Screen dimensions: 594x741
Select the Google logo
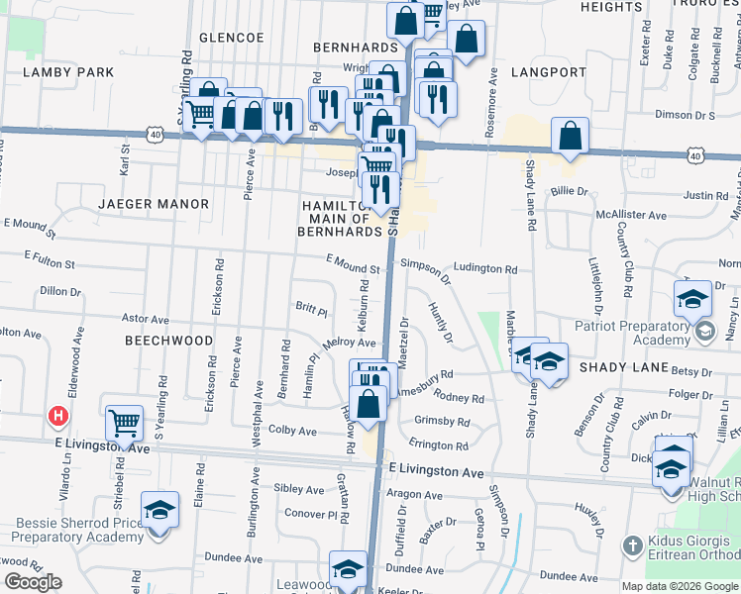point(34,582)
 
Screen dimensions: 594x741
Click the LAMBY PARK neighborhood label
point(69,72)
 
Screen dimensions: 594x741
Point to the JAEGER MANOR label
point(154,204)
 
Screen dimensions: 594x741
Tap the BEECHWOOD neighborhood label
point(169,340)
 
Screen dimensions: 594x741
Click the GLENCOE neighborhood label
point(232,38)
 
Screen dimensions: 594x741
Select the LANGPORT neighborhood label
point(550,72)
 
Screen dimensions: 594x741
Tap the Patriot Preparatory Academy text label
point(632,333)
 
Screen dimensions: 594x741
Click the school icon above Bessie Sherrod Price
point(159,510)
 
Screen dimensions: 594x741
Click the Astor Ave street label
point(145,319)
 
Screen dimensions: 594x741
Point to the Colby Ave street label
point(292,431)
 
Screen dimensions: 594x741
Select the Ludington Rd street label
point(485,269)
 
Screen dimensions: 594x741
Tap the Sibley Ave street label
point(299,489)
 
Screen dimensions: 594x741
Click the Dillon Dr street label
point(60,291)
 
